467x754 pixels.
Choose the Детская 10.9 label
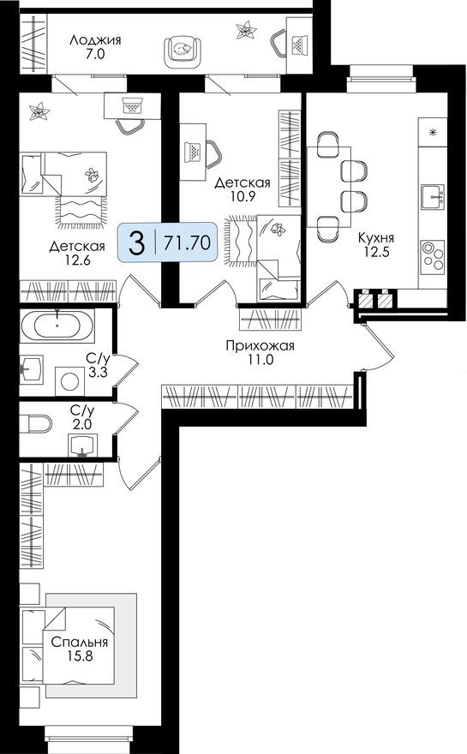tap(242, 189)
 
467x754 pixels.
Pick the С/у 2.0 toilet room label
tap(82, 418)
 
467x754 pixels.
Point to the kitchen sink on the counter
tap(431, 196)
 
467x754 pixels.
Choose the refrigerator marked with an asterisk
tap(432, 132)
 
